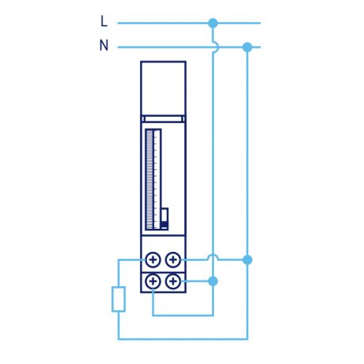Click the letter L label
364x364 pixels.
[x=103, y=22]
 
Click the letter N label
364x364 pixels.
[x=103, y=46]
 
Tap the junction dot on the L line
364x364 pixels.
[x=212, y=23]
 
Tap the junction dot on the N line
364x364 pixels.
[x=247, y=47]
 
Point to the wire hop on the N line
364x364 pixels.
[x=212, y=47]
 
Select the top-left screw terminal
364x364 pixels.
[x=153, y=259]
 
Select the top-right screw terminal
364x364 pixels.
[x=172, y=259]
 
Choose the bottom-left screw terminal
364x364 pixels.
[x=153, y=281]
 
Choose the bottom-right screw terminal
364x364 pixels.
[x=172, y=281]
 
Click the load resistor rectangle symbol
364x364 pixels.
[x=118, y=299]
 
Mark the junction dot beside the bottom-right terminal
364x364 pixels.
[x=212, y=281]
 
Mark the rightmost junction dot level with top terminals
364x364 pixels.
[x=247, y=259]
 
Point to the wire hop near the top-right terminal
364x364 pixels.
[x=212, y=258]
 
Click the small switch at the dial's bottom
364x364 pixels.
[x=165, y=219]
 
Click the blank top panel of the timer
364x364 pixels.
[x=163, y=87]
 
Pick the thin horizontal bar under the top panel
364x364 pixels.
[x=163, y=119]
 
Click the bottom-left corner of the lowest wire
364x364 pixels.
[x=118, y=339]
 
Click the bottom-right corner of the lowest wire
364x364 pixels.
[x=247, y=339]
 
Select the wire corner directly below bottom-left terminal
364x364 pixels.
[x=153, y=316]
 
